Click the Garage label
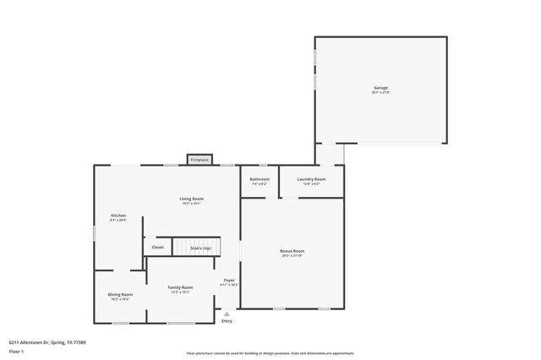(381, 87)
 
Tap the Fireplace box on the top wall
(199, 160)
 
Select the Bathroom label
(260, 179)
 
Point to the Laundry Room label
(311, 179)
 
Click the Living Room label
(192, 199)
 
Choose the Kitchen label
(118, 215)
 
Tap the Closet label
(157, 248)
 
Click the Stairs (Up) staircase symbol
(196, 247)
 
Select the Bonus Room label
(292, 250)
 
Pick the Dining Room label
(120, 294)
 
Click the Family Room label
(180, 287)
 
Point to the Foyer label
(229, 280)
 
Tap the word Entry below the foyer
(227, 321)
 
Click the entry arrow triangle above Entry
(227, 314)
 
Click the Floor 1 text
(16, 350)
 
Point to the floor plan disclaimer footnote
(270, 353)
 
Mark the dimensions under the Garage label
(381, 92)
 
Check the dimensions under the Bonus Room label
(292, 255)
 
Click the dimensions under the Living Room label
(192, 204)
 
